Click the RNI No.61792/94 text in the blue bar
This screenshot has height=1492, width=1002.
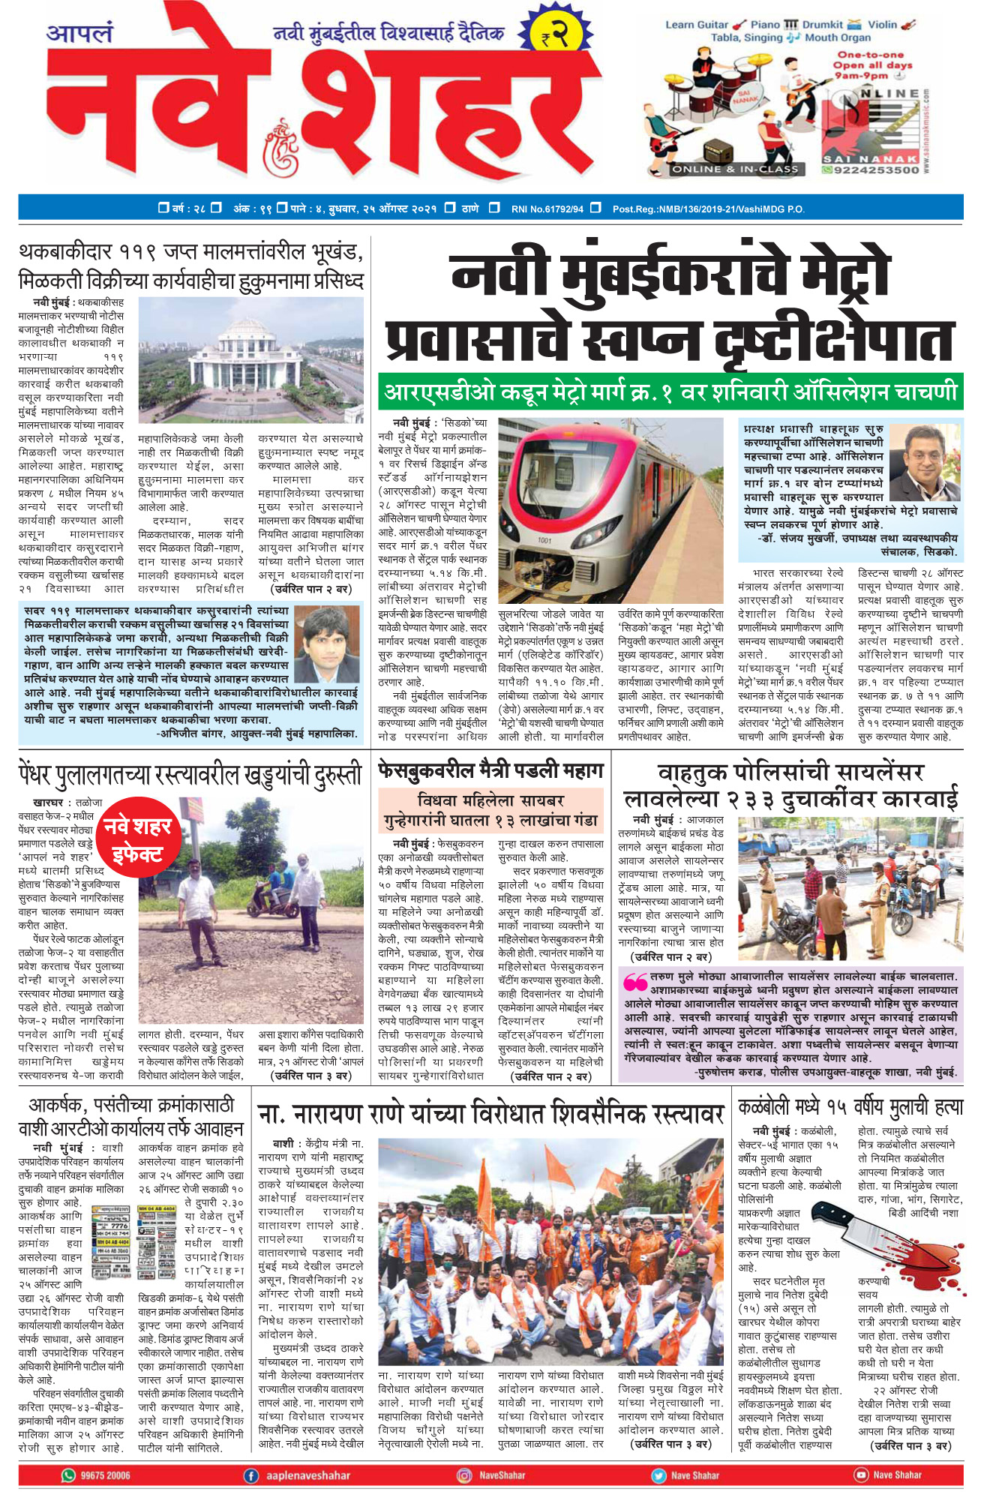547,209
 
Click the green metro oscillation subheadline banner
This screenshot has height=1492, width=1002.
670,392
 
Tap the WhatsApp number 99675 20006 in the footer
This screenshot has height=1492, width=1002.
97,1475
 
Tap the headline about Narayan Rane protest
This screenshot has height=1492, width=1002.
490,1113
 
